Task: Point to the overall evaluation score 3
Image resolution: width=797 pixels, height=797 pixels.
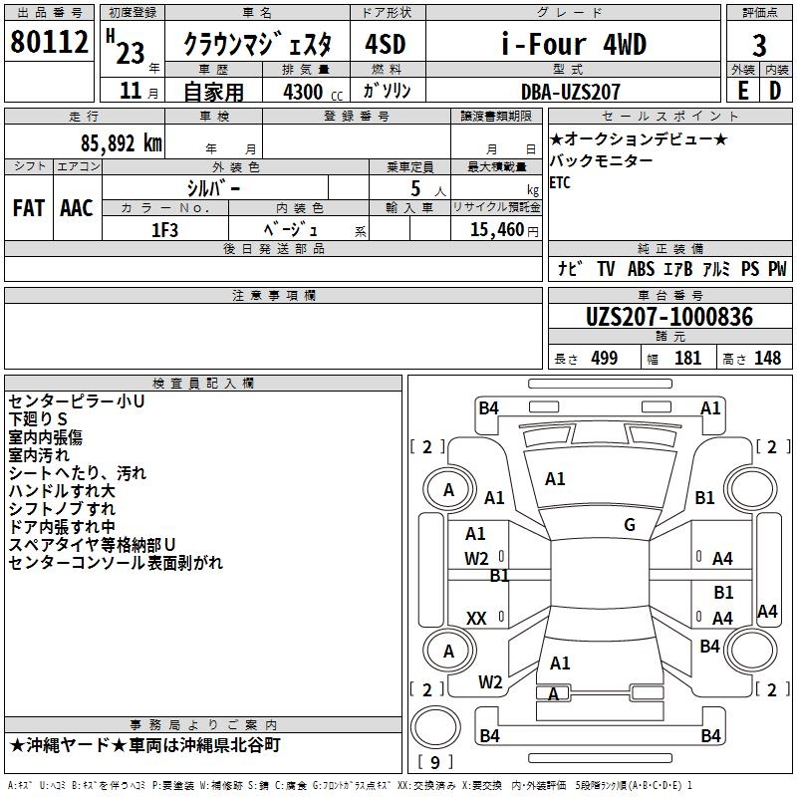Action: (x=759, y=45)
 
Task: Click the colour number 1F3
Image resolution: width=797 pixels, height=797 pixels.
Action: (x=164, y=228)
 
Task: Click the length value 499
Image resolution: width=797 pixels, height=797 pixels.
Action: (x=604, y=358)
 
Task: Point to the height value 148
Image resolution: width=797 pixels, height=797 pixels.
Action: (x=767, y=358)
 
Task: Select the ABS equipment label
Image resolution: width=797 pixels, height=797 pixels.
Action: (x=641, y=269)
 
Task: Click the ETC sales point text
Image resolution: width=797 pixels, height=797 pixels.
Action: (x=560, y=183)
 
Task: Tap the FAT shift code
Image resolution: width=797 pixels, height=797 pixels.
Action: (x=29, y=208)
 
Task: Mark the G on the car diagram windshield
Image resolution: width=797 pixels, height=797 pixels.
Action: (x=629, y=525)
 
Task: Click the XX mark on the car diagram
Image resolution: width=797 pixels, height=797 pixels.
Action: (x=476, y=619)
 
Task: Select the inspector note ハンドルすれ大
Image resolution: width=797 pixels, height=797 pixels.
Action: (x=62, y=491)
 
